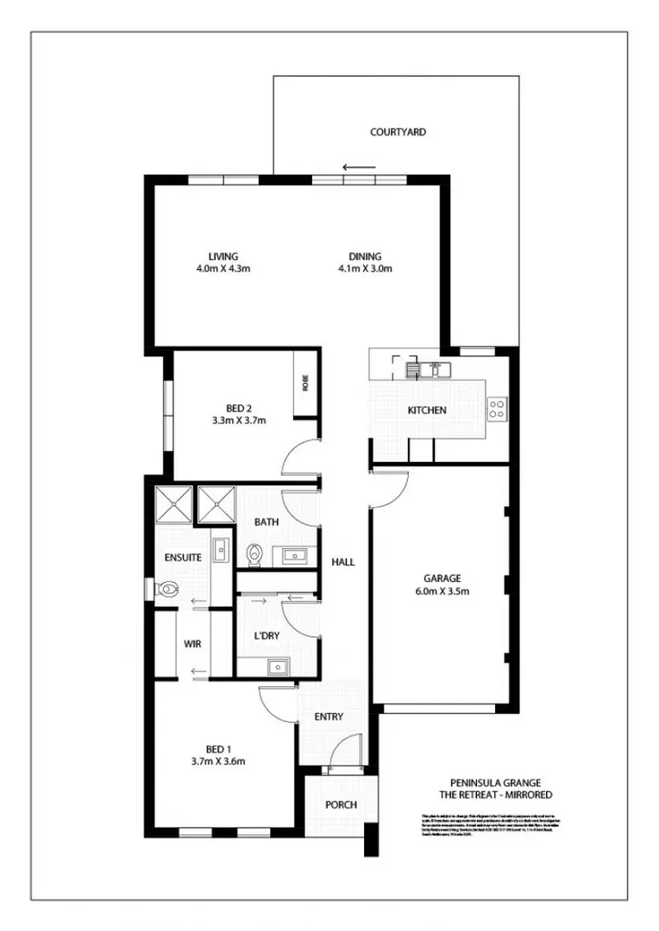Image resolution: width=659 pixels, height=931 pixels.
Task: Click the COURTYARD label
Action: [x=398, y=133]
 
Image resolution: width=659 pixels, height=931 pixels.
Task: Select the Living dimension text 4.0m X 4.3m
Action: [x=223, y=268]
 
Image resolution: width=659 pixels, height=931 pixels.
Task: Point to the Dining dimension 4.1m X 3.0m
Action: [x=365, y=268]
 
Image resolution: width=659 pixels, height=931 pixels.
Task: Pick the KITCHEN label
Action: [x=427, y=410]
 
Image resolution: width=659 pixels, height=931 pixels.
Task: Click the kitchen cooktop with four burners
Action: [x=497, y=409]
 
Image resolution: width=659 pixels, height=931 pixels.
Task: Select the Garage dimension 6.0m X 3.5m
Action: [x=442, y=591]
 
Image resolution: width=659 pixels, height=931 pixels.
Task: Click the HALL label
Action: [x=343, y=562]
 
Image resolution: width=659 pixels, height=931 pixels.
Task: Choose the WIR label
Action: [x=192, y=643]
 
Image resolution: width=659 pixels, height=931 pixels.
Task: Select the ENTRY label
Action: [x=329, y=716]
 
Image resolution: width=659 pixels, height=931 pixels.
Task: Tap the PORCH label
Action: [x=341, y=805]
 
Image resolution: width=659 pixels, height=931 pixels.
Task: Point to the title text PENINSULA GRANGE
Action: [x=489, y=783]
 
